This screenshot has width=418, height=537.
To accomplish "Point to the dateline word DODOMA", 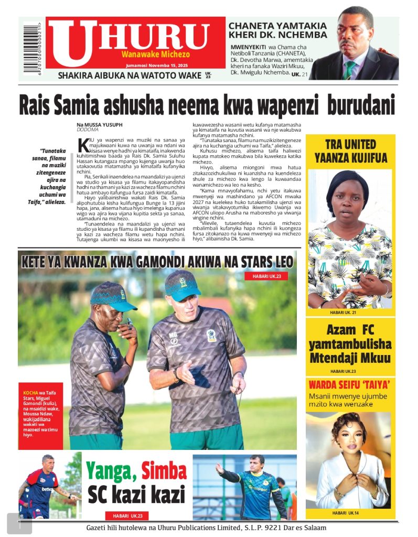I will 87,130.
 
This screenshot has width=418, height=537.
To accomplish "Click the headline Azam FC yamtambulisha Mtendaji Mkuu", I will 350,344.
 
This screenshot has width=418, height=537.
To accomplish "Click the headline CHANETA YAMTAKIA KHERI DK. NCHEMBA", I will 277,30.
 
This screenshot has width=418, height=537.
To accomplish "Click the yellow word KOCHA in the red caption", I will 30,392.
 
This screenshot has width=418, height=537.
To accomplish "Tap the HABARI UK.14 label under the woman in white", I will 347,512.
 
